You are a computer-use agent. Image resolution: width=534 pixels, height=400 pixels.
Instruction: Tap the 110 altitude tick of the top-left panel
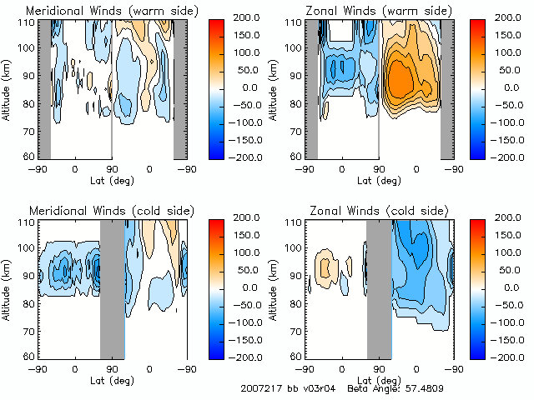(x=28, y=22)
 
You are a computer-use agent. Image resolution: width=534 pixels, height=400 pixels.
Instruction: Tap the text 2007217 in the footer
(x=260, y=388)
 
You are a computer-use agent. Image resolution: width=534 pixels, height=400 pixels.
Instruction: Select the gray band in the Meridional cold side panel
(x=112, y=289)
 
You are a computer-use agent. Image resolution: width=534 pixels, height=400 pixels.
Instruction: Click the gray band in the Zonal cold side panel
(x=379, y=289)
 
